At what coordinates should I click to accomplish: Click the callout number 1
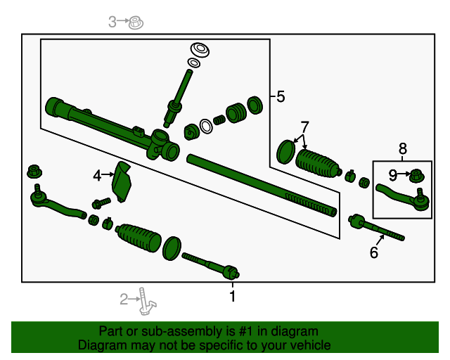point(232,297)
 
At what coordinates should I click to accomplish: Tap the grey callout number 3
point(112,22)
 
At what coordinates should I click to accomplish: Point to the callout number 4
point(97,173)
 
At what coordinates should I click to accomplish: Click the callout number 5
point(281,97)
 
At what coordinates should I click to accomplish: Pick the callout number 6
point(374,252)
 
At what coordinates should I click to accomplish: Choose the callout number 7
point(304,127)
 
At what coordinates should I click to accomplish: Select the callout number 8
point(403,148)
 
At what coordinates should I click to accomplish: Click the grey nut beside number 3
point(136,23)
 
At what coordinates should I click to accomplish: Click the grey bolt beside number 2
point(146,300)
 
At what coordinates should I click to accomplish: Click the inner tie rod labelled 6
point(376,229)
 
